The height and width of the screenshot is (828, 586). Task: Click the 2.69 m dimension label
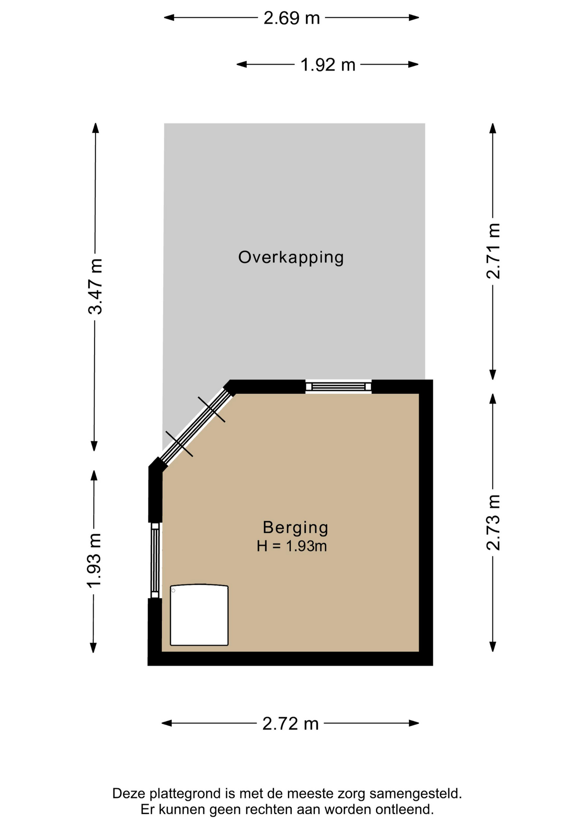[x=292, y=18]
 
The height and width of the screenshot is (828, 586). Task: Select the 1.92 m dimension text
[x=328, y=65]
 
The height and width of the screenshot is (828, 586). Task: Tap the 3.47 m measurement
[x=95, y=286]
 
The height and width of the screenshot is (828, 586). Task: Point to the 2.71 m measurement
[x=493, y=251]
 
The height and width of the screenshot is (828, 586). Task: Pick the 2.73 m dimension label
[x=493, y=523]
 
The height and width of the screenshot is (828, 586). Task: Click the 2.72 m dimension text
[x=290, y=724]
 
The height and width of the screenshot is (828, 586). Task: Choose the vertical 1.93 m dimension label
[x=94, y=560]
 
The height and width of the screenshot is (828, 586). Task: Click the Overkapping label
[x=291, y=257]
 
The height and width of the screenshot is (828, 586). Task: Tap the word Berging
[x=296, y=527]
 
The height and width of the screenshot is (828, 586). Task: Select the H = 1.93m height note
[x=292, y=546]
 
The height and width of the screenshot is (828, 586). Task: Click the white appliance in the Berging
[x=199, y=615]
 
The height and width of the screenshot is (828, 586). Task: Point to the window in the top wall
[x=338, y=386]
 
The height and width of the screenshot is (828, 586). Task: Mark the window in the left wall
[x=155, y=560]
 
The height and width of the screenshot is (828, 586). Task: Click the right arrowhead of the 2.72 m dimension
[x=414, y=723]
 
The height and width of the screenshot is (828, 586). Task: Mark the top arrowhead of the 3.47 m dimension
[x=95, y=128]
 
